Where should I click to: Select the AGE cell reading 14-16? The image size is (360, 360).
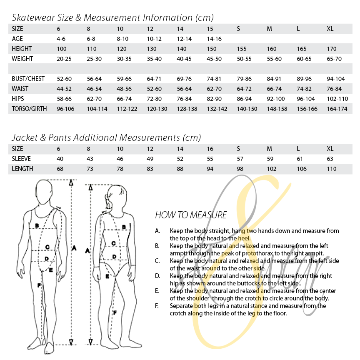tap(214, 39)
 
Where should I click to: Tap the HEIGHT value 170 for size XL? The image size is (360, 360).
tap(332, 49)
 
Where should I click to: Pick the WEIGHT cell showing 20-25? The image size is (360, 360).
tap(64, 59)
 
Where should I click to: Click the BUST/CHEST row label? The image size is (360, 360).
tap(28, 79)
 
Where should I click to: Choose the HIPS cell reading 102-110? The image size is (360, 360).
tap(337, 99)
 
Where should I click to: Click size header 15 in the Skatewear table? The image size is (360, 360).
tap(210, 29)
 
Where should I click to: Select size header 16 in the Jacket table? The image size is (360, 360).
tap(210, 149)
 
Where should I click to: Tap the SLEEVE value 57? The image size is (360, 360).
tap(240, 159)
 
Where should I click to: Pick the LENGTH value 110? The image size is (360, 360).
tap(332, 169)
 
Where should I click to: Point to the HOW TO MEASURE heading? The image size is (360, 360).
tap(191, 215)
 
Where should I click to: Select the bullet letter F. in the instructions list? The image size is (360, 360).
tap(157, 306)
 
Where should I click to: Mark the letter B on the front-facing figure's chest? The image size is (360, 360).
tap(37, 226)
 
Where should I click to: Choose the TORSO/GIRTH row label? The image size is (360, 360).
tap(29, 109)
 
